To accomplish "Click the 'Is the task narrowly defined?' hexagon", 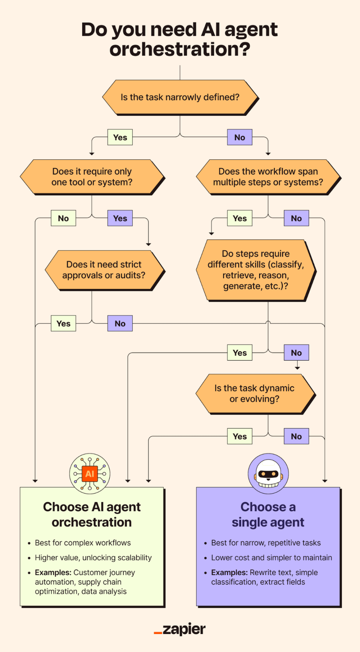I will point(180,97).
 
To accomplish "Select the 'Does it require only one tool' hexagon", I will point(92,177).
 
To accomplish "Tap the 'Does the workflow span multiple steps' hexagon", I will point(268,177).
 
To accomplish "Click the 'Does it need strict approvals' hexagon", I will point(104,270).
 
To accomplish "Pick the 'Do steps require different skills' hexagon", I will point(256,270).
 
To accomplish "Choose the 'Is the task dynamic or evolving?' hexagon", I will point(255,393).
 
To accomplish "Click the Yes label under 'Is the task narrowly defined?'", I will point(120,137).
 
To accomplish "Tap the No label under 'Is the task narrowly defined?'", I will point(240,137).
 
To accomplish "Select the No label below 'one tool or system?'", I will point(63,218).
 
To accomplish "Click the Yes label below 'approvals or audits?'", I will point(63,324).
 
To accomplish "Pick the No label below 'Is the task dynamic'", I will point(296,436).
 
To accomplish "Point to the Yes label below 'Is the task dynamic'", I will point(240,436).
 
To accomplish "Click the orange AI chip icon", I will point(90,474).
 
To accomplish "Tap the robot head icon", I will point(268,474).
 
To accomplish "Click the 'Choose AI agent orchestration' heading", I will point(92,515).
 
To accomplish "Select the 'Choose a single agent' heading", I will point(268,515).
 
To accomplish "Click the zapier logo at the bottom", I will point(180,629).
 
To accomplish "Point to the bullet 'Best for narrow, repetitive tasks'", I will point(266,543).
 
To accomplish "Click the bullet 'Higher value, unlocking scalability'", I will point(93,558).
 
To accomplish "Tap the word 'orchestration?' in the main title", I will point(180,49).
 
